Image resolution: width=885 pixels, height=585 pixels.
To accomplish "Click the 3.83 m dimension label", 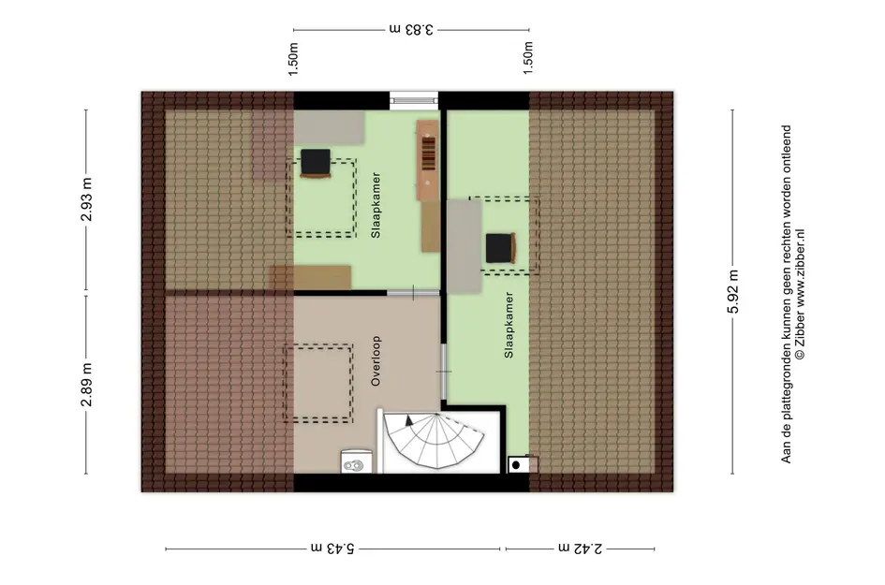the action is click(411, 29).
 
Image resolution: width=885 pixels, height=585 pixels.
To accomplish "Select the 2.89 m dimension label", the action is click(86, 385).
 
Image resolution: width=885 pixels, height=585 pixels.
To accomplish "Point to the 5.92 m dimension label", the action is click(732, 291).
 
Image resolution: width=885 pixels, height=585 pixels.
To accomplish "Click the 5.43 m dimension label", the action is click(332, 548).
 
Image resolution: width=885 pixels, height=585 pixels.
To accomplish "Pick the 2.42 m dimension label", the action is click(581, 548).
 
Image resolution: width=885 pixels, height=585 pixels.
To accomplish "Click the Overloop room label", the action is click(376, 361).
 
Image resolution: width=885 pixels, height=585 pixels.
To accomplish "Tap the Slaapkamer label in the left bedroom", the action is click(376, 205).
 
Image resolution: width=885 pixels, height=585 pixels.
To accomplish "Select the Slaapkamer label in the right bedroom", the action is click(509, 325).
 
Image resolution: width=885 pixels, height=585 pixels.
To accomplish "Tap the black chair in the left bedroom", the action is click(316, 163).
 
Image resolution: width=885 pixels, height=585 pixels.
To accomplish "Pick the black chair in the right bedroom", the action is click(501, 248).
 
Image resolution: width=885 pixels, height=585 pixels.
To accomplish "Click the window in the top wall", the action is click(414, 100).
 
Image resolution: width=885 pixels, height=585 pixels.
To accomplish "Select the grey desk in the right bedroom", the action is click(465, 246).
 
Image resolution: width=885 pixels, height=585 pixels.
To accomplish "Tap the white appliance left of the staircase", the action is click(357, 461).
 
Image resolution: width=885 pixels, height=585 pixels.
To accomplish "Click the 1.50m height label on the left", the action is click(293, 59).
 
